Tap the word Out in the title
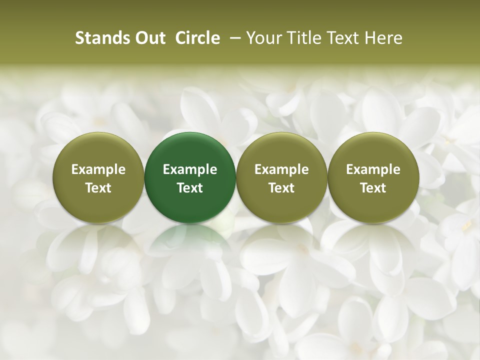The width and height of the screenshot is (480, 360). [149, 38]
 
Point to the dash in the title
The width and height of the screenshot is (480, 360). [233, 38]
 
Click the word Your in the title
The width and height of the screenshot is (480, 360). [263, 38]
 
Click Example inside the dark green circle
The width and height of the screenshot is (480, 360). [190, 169]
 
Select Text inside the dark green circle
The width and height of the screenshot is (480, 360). [190, 188]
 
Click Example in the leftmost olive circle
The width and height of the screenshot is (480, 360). [98, 169]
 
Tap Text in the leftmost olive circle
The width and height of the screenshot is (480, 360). [98, 188]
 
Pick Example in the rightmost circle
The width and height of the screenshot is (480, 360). [373, 169]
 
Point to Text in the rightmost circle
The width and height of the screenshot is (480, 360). [373, 188]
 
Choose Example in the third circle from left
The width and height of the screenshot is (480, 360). [281, 169]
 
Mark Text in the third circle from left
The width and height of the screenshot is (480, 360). [281, 188]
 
